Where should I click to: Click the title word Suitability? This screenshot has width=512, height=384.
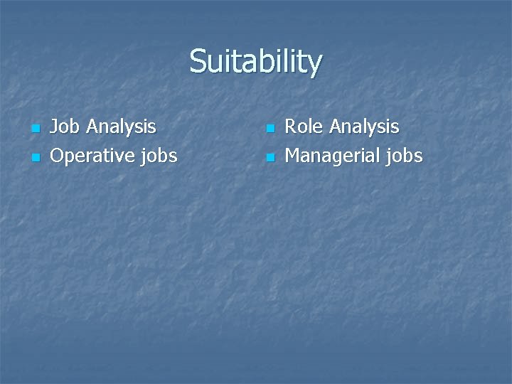[255, 62]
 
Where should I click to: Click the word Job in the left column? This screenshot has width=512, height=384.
[65, 127]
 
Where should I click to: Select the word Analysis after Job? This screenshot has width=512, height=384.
[121, 127]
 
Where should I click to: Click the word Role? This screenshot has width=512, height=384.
[303, 127]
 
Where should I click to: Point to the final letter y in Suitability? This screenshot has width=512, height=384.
[315, 65]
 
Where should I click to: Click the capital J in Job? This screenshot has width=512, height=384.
[54, 127]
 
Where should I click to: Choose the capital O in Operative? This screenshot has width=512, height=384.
[58, 156]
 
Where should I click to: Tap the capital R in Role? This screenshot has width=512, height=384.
[291, 127]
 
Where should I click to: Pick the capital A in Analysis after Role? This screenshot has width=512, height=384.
[334, 127]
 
